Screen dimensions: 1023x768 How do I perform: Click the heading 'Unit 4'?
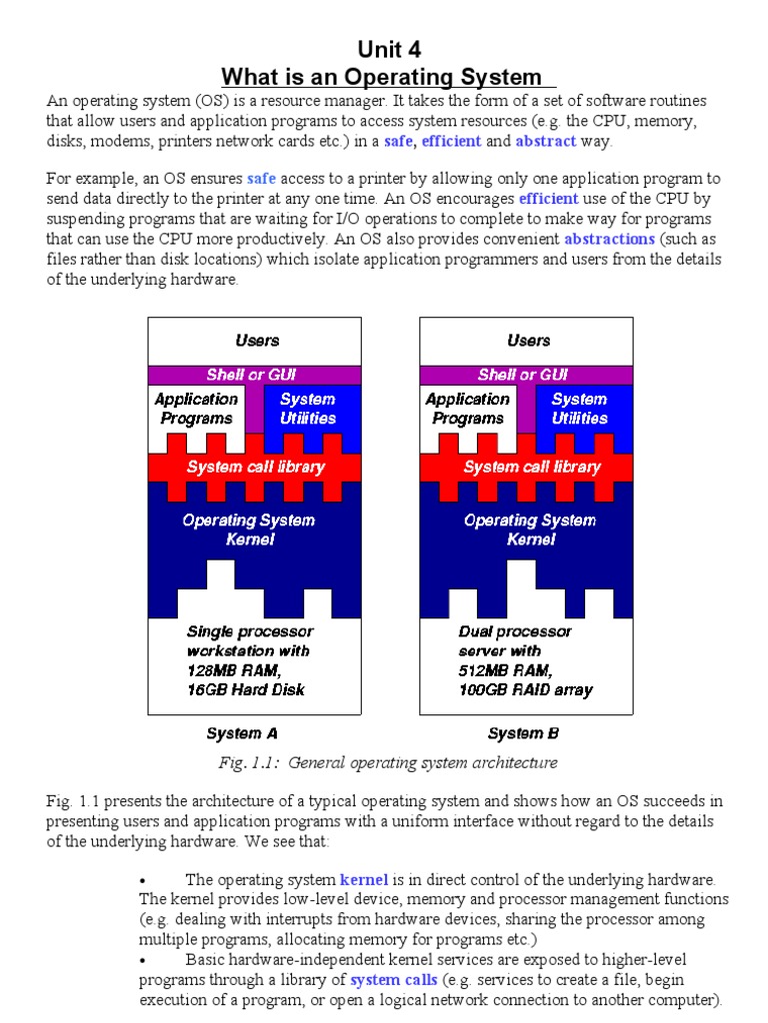385,50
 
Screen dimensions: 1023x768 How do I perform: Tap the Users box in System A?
257,341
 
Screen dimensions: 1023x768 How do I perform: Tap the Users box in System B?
528,341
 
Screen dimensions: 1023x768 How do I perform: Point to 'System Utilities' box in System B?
579,409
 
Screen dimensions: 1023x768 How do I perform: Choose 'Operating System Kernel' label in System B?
530,529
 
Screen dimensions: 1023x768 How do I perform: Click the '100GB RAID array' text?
525,689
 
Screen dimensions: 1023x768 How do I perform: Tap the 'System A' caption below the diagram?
241,733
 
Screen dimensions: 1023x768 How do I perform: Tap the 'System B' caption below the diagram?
523,733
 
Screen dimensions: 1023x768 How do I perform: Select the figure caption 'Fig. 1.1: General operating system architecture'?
389,763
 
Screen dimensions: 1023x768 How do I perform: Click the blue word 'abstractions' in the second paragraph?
609,240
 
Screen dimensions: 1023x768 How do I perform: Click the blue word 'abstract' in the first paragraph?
545,141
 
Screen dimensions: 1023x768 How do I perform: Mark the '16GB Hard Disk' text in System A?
246,689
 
